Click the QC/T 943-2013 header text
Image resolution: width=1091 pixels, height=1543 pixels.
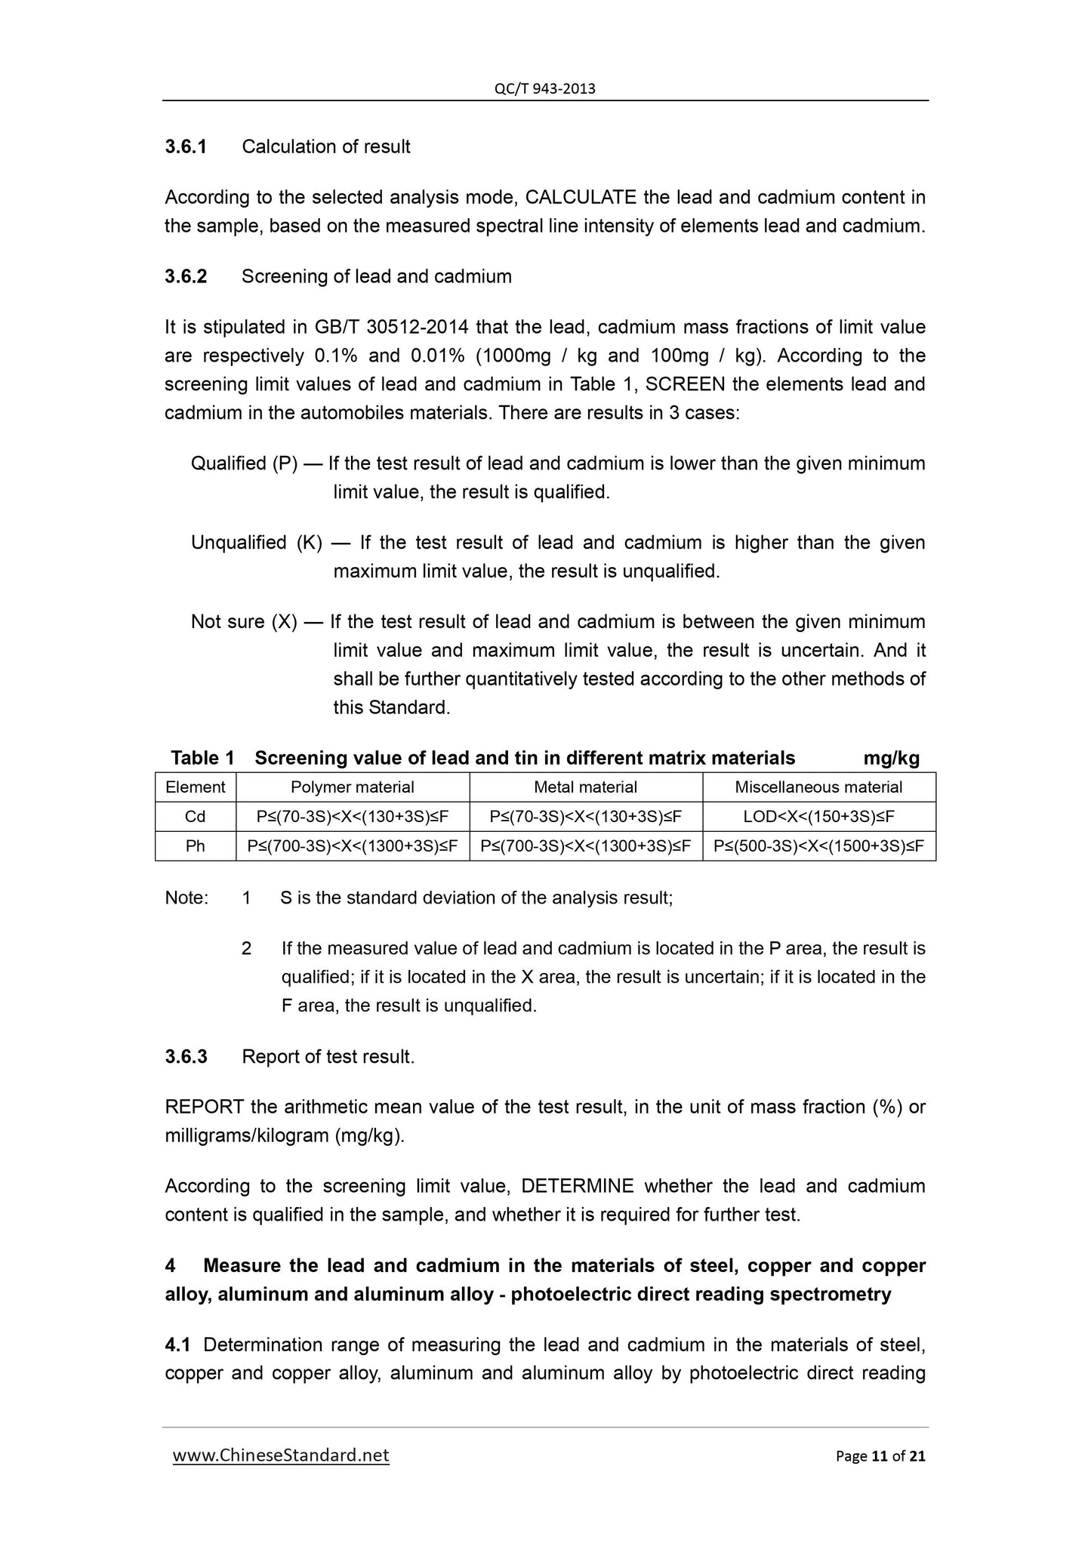[x=544, y=89]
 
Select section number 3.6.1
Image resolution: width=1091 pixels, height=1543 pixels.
[x=186, y=146]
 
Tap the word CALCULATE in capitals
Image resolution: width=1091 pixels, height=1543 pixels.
[x=581, y=198]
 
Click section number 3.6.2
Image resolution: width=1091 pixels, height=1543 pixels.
[x=186, y=276]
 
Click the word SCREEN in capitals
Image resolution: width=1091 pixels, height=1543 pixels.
[x=686, y=384]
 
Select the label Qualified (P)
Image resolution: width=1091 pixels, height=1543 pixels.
[x=244, y=464]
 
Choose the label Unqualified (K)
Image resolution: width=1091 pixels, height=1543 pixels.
[x=256, y=543]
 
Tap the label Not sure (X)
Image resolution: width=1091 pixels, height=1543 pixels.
[x=244, y=622]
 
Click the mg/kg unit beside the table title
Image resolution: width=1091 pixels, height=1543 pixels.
[x=891, y=758]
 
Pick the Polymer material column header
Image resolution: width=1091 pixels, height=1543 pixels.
[x=352, y=787]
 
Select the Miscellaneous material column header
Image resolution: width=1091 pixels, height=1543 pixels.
[x=818, y=787]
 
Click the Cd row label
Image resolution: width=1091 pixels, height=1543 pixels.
[x=195, y=817]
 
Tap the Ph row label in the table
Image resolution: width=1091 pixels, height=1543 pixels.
[x=195, y=846]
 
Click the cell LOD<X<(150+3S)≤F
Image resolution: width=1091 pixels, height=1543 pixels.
[x=818, y=817]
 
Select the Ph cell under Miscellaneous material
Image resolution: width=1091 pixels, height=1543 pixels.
[x=818, y=846]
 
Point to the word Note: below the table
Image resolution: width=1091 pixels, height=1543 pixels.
[x=186, y=898]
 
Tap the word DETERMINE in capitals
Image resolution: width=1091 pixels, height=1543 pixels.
[x=577, y=1187]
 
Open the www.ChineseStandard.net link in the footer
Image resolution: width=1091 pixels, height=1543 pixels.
[x=281, y=1455]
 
